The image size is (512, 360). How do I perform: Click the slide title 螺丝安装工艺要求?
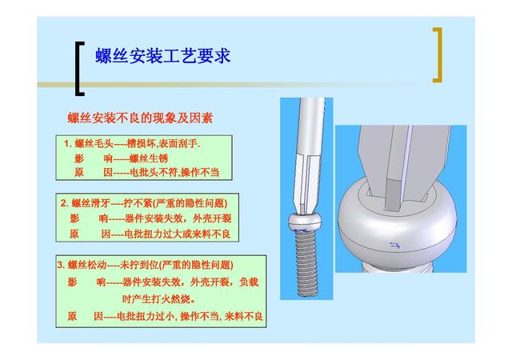click(x=163, y=56)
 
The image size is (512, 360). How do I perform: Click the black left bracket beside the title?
click(x=78, y=69)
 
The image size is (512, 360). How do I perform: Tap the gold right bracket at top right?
click(x=438, y=55)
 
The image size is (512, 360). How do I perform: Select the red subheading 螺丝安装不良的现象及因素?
click(x=140, y=118)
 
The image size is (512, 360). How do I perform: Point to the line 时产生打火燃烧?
click(x=158, y=299)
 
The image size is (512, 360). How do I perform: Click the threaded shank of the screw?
click(x=307, y=262)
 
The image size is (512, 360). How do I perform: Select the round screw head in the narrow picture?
click(x=306, y=222)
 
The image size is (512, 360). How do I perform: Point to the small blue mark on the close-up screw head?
click(x=394, y=245)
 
